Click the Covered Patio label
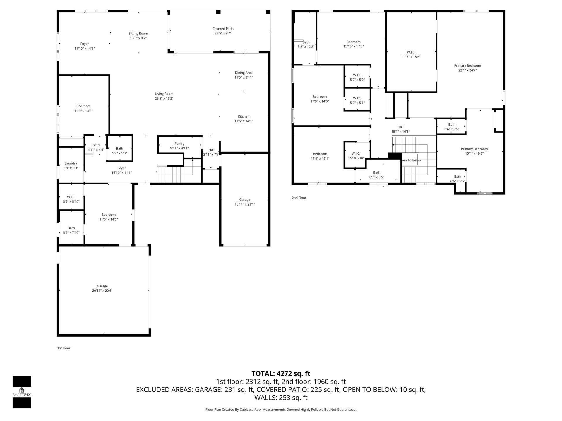pos(223,29)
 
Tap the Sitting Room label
pos(138,34)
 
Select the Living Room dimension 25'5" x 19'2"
pos(164,99)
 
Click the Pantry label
pos(179,144)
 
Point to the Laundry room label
pos(71,163)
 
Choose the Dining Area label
pos(243,73)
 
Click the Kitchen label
pos(243,116)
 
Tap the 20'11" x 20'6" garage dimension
pos(102,291)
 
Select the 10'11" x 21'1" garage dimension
pos(244,204)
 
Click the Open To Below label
pos(410,160)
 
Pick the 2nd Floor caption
pos(299,198)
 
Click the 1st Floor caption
pos(64,348)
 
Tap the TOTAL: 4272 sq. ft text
pos(281,374)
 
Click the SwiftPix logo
pos(22,392)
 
